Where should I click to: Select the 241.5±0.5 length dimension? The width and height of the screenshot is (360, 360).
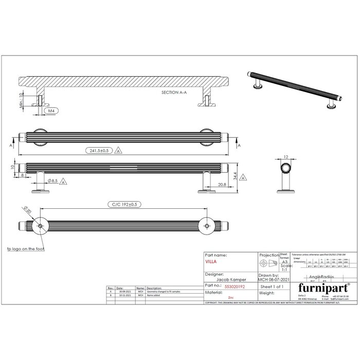(x=98, y=151)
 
